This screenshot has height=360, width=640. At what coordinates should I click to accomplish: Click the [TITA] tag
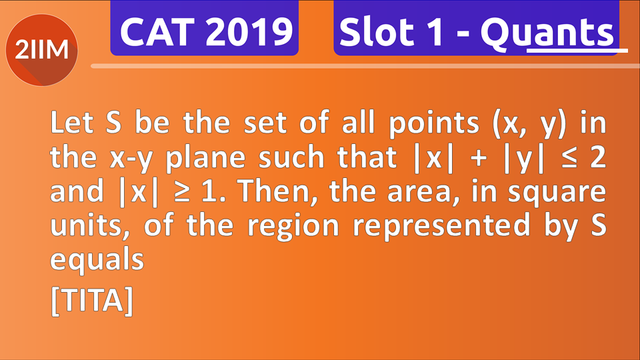pyautogui.click(x=92, y=301)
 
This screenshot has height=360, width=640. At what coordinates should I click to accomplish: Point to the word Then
pyautogui.click(x=273, y=191)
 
